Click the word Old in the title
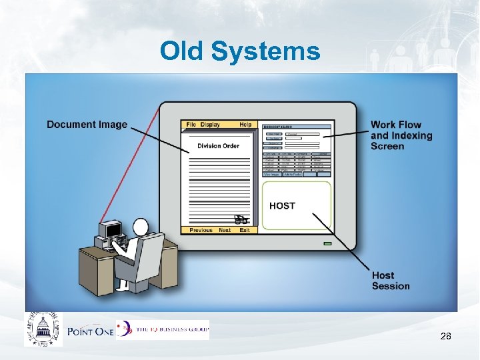click(181, 51)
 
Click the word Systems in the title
click(267, 52)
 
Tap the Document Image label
click(87, 125)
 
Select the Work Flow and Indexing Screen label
click(401, 135)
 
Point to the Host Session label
click(391, 281)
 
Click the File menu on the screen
click(191, 125)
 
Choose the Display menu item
click(210, 125)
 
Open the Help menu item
click(245, 125)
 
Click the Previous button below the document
click(201, 230)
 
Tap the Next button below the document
click(225, 230)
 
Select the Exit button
click(245, 230)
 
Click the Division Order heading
click(218, 146)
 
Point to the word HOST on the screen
click(282, 206)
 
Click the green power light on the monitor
click(327, 244)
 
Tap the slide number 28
click(445, 337)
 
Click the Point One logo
click(89, 331)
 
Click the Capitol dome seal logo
click(43, 329)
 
